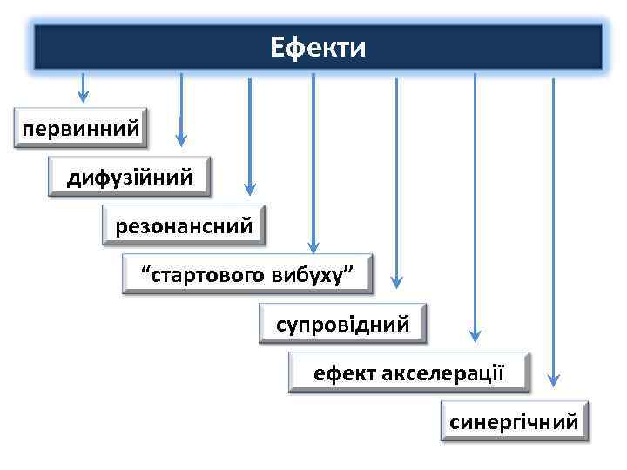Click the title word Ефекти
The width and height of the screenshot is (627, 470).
(318, 46)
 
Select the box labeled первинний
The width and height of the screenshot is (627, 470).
(81, 129)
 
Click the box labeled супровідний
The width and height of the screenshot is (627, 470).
(342, 325)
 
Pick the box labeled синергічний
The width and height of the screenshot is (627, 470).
(514, 422)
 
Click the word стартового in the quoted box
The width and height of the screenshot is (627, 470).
(209, 276)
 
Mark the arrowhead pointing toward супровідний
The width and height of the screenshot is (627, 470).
(396, 282)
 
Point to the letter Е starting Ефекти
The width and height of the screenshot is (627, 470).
(277, 46)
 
